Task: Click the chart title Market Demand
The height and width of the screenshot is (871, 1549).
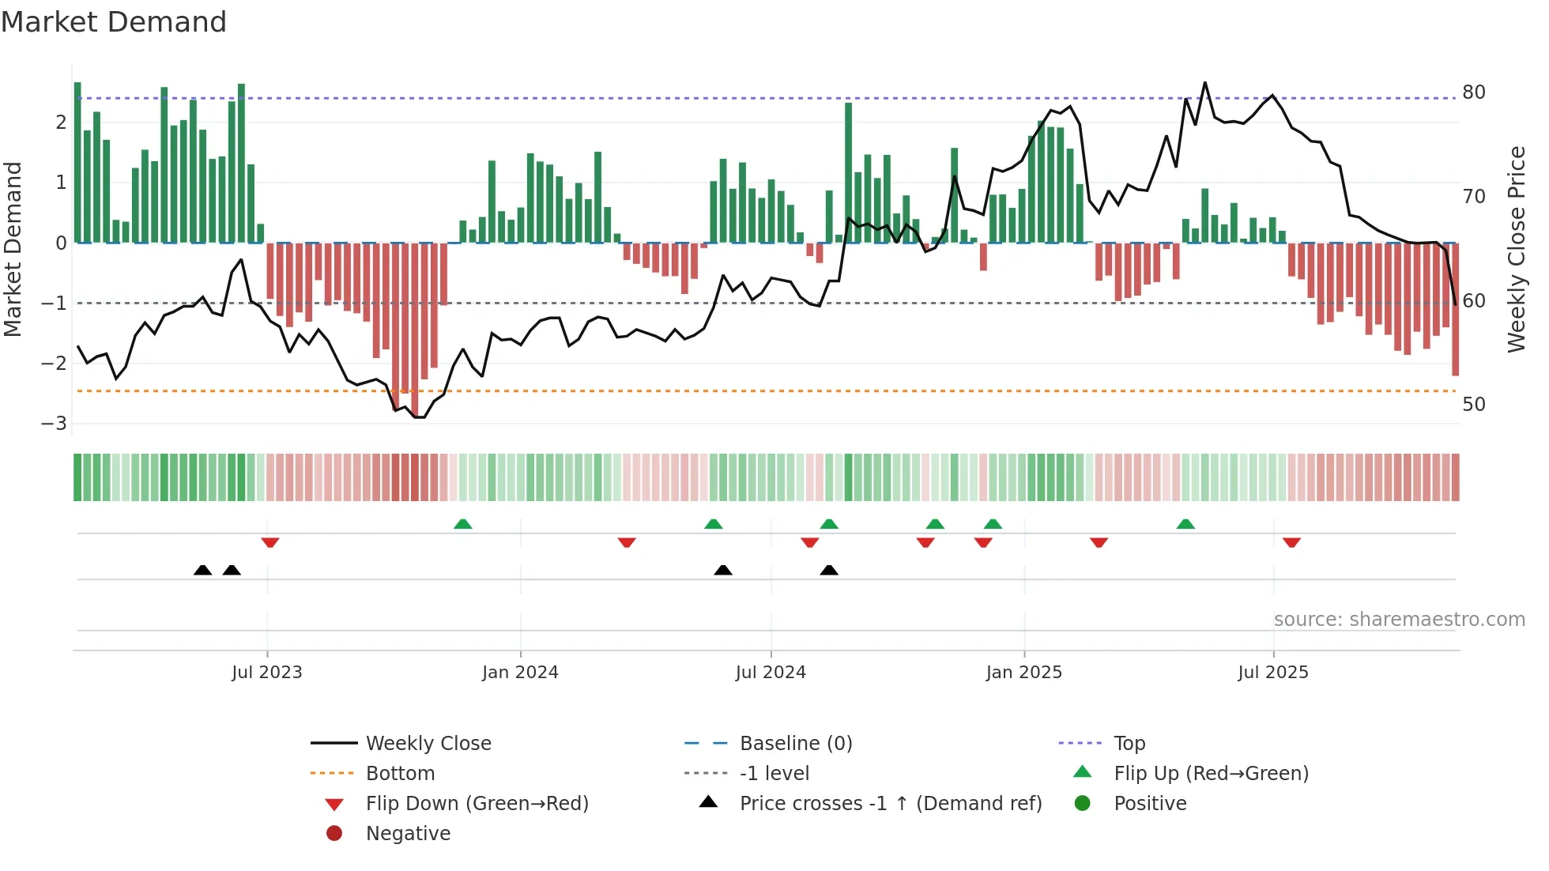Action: [x=114, y=22]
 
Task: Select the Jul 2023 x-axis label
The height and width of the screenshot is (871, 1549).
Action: [x=266, y=673]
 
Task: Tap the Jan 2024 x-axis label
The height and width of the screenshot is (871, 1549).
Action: [x=520, y=673]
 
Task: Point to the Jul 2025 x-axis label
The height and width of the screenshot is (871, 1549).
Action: [x=1273, y=673]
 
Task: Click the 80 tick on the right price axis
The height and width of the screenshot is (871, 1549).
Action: [x=1474, y=92]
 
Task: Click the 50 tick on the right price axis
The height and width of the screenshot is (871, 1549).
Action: [x=1474, y=405]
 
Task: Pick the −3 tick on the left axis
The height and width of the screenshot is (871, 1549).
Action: [x=55, y=424]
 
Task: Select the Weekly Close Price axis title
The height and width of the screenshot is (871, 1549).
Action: [x=1516, y=249]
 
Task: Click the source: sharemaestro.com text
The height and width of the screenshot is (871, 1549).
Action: [x=1399, y=620]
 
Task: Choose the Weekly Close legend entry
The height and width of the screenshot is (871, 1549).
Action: [x=428, y=744]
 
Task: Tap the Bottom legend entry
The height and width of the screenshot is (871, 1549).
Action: [x=400, y=774]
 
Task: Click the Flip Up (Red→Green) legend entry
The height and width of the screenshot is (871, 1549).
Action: [x=1211, y=774]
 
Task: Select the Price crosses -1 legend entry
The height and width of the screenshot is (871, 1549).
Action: [x=890, y=804]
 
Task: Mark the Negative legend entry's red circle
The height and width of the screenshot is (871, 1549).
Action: [x=334, y=834]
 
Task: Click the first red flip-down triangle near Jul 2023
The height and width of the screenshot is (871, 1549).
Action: [x=270, y=543]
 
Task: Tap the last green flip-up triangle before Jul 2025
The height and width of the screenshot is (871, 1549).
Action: [x=1185, y=524]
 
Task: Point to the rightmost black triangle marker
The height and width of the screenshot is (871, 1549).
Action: [x=829, y=571]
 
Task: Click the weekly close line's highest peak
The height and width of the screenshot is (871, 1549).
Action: [x=1205, y=82]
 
